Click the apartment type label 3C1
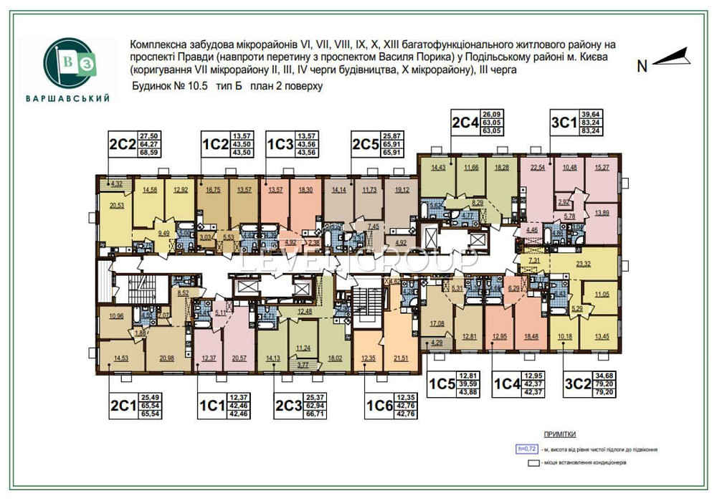click(x=563, y=121)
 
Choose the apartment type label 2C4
click(x=464, y=122)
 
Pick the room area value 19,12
click(x=402, y=190)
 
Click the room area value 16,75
click(x=212, y=190)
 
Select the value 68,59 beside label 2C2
click(x=149, y=152)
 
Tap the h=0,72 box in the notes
click(x=526, y=449)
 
